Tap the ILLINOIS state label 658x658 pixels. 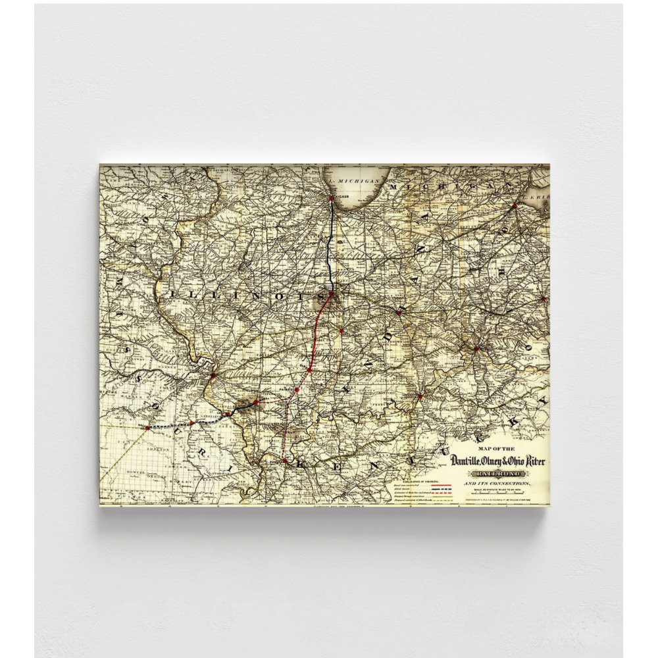(x=244, y=296)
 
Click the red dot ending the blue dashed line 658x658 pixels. (x=147, y=427)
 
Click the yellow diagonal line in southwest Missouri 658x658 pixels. (x=125, y=454)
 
